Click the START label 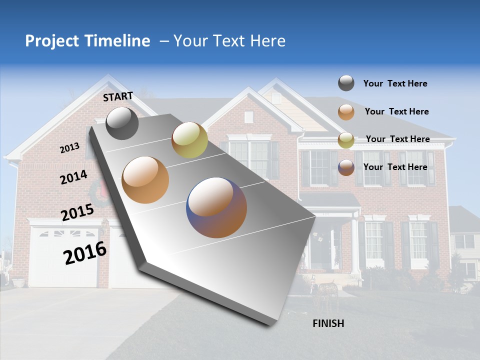coord(118,96)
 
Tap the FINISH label coord(328,323)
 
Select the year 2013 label coord(69,148)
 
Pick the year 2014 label coord(73,177)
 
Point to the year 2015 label coord(77,212)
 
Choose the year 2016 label coord(85,253)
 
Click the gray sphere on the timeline coord(122,123)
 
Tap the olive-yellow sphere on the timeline coord(189,140)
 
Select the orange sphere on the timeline coord(145,179)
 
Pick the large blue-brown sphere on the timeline coord(216,207)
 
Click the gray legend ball coord(346,83)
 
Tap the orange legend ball coord(346,112)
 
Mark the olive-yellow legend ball coord(346,140)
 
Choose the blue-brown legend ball coord(346,167)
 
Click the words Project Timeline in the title coord(87,41)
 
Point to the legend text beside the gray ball coord(395,83)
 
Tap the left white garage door coord(64,257)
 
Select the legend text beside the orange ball coord(396,111)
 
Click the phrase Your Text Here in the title coord(229,41)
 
